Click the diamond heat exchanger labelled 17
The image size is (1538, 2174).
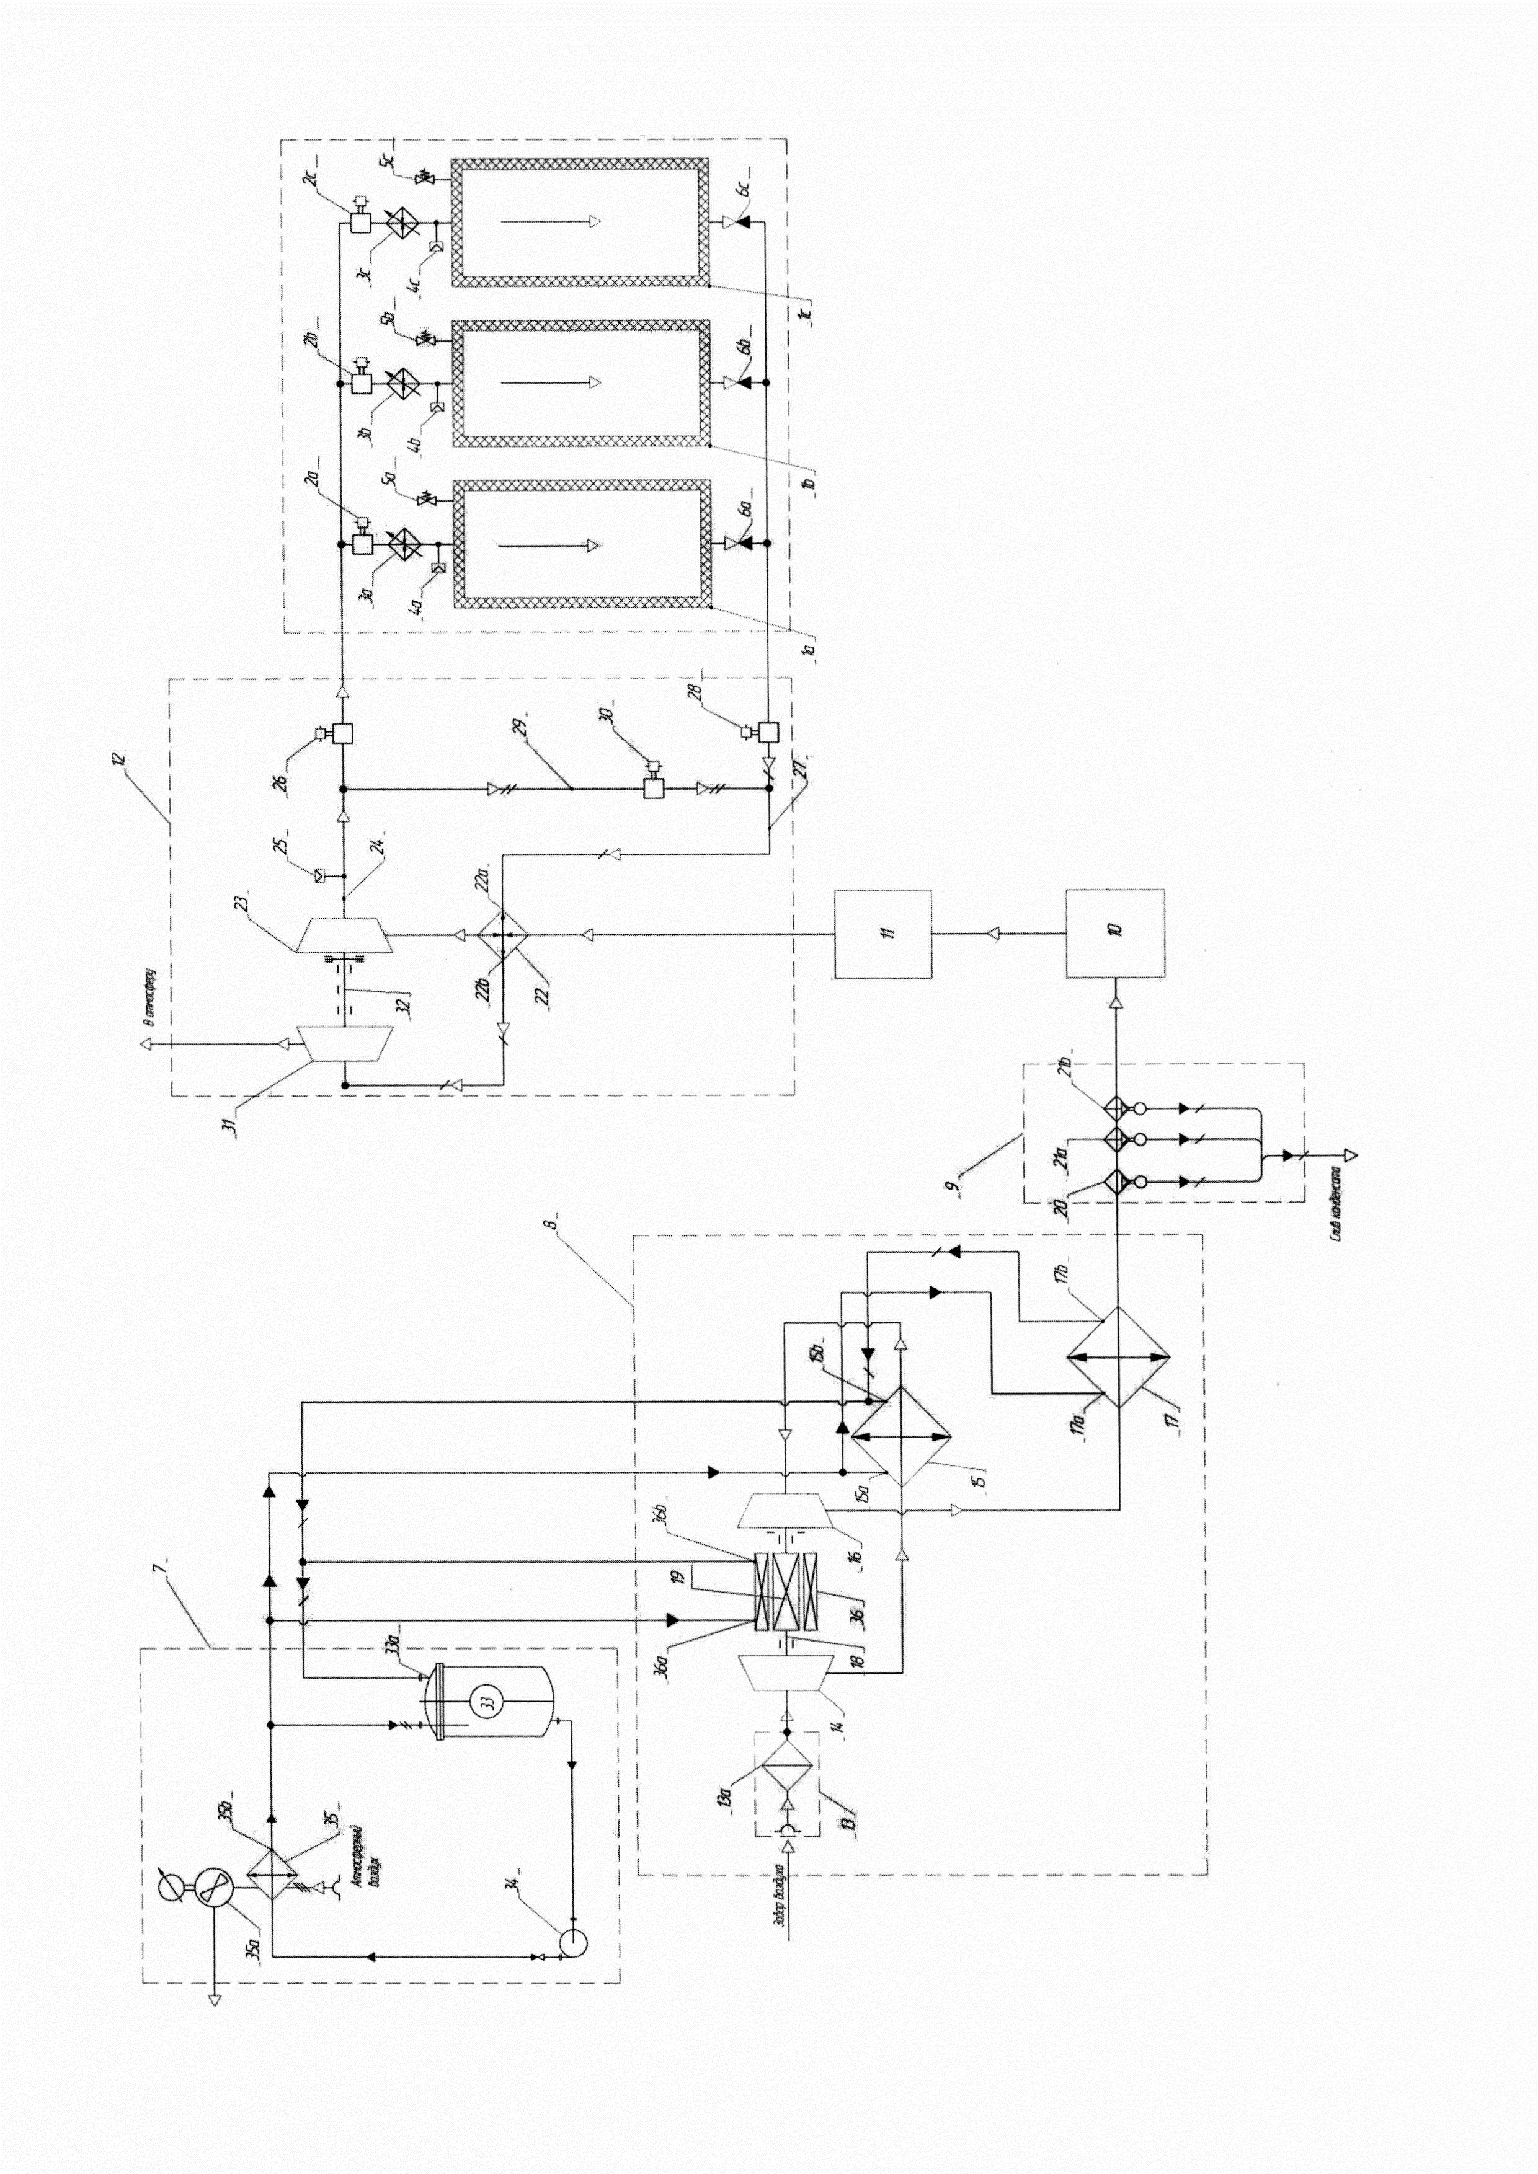pos(1118,1357)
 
